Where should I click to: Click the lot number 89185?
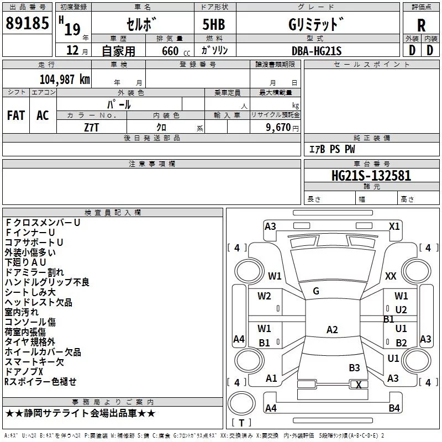[27, 23]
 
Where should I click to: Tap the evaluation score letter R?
[421, 25]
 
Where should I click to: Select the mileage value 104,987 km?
[65, 79]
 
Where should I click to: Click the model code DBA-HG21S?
[317, 51]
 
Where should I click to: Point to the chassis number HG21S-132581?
[371, 176]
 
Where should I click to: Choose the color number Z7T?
[92, 128]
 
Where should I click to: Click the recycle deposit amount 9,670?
[278, 127]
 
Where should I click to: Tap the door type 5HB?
[214, 24]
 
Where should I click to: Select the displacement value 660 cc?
[176, 51]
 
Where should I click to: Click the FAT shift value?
[16, 115]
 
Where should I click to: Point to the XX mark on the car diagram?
[391, 276]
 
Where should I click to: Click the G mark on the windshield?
[316, 291]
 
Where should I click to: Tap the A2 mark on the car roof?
[332, 329]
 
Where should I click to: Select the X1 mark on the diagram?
[394, 227]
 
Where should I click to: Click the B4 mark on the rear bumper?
[394, 408]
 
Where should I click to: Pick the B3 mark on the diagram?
[354, 367]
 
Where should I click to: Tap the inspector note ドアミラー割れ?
[34, 272]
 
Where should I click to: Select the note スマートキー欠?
[34, 362]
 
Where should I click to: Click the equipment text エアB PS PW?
[332, 149]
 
